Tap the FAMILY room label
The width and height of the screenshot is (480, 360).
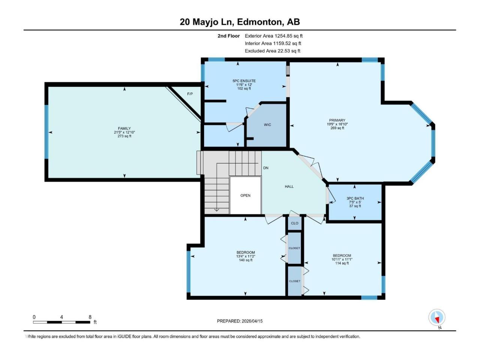coord(124,128)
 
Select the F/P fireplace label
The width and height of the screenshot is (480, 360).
coord(190,94)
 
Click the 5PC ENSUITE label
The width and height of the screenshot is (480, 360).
coord(244,81)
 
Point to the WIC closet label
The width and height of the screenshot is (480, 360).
coord(267,125)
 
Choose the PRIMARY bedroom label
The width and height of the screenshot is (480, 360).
coord(337,120)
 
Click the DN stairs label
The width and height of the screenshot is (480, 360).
coord(265,168)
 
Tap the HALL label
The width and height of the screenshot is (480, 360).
coord(289,186)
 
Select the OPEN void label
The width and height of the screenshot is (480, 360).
coord(246,195)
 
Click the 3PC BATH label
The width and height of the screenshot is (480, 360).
coord(355,198)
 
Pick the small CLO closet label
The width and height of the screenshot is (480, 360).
coord(295,223)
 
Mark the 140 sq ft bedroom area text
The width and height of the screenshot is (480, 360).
coord(246,260)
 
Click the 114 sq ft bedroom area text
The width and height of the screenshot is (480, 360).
coord(342,263)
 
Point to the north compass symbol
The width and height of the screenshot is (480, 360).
coord(437,318)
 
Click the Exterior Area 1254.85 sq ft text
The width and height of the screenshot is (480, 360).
coord(273,36)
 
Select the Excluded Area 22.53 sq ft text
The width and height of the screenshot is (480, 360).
coord(272,51)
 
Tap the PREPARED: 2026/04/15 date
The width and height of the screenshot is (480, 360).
coord(240,321)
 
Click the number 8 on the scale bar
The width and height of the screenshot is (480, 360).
coord(90,317)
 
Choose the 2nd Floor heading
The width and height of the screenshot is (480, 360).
coord(228,36)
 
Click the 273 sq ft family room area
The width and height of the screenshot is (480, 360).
coord(124,136)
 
